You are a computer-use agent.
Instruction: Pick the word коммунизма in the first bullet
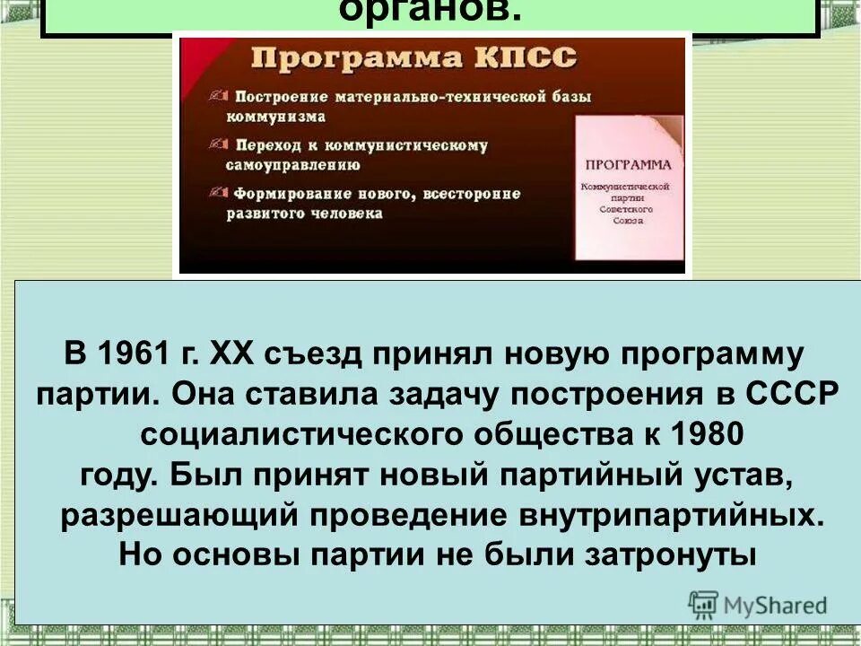coord(275,117)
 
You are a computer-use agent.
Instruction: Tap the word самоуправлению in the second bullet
coord(293,165)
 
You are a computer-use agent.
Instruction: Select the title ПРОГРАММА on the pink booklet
coord(628,165)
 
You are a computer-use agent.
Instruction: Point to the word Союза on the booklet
coord(628,220)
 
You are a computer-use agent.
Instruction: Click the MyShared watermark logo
coord(758,604)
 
